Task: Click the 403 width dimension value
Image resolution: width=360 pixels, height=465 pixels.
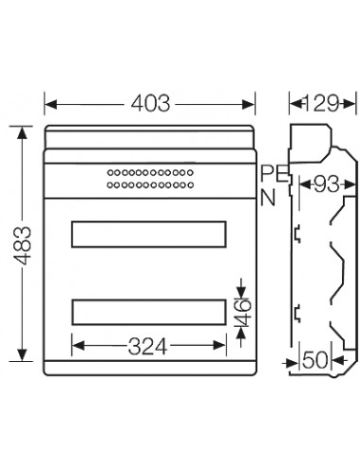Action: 150,103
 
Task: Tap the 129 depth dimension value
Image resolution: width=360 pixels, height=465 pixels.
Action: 322,103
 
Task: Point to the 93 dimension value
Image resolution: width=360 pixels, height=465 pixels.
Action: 327,184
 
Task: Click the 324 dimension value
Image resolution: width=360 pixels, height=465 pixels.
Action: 147,346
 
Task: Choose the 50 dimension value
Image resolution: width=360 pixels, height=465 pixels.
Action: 315,360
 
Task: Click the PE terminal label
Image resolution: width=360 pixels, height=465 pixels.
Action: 274,174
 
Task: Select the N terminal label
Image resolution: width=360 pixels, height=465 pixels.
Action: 267,198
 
